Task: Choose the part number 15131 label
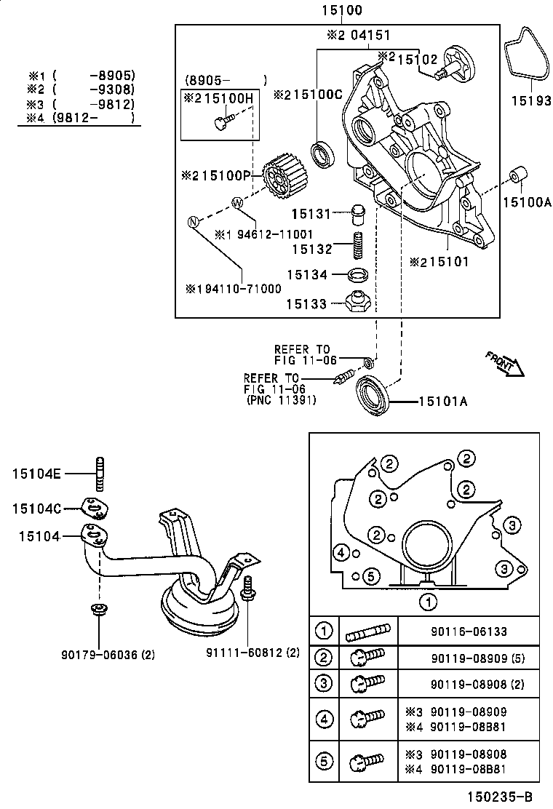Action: pos(311,214)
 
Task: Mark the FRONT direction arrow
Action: pos(505,362)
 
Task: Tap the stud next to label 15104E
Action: pos(98,475)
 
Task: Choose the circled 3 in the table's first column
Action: pos(324,683)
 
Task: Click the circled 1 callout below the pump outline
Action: pos(429,601)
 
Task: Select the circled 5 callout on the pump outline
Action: pos(370,576)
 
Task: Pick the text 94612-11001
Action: pos(273,235)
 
